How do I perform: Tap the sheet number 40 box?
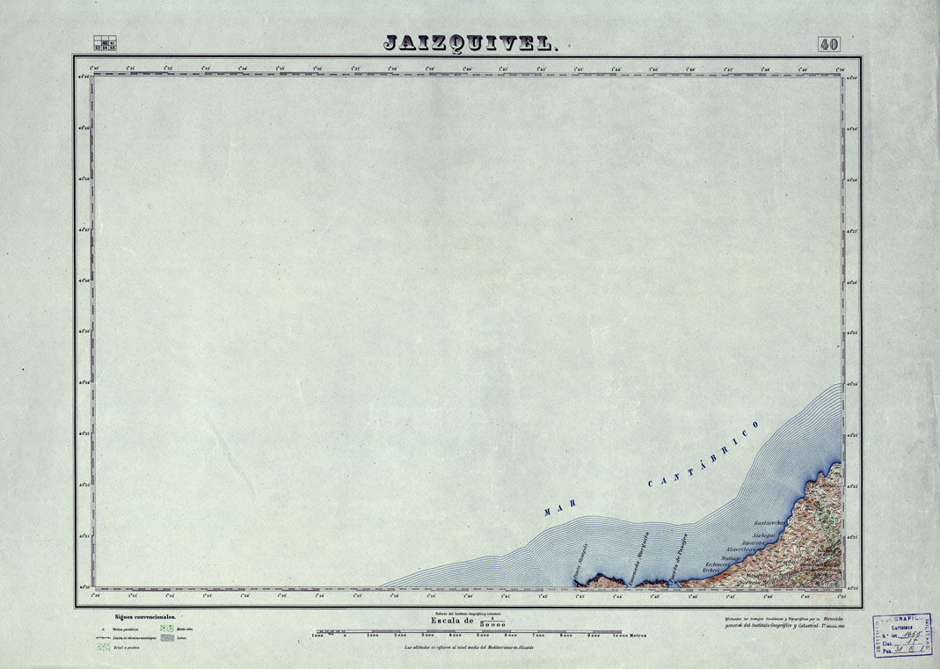(828, 44)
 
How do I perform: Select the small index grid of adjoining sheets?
(105, 43)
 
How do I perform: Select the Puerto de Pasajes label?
(678, 549)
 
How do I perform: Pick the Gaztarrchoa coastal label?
(769, 524)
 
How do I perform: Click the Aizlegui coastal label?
(764, 535)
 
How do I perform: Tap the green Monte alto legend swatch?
(166, 629)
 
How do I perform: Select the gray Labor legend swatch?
(166, 637)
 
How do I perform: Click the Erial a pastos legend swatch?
(104, 647)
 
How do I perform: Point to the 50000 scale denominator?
(494, 622)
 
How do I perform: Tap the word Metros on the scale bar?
(642, 634)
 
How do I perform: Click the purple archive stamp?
(903, 635)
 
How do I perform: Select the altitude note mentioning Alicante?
(469, 648)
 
